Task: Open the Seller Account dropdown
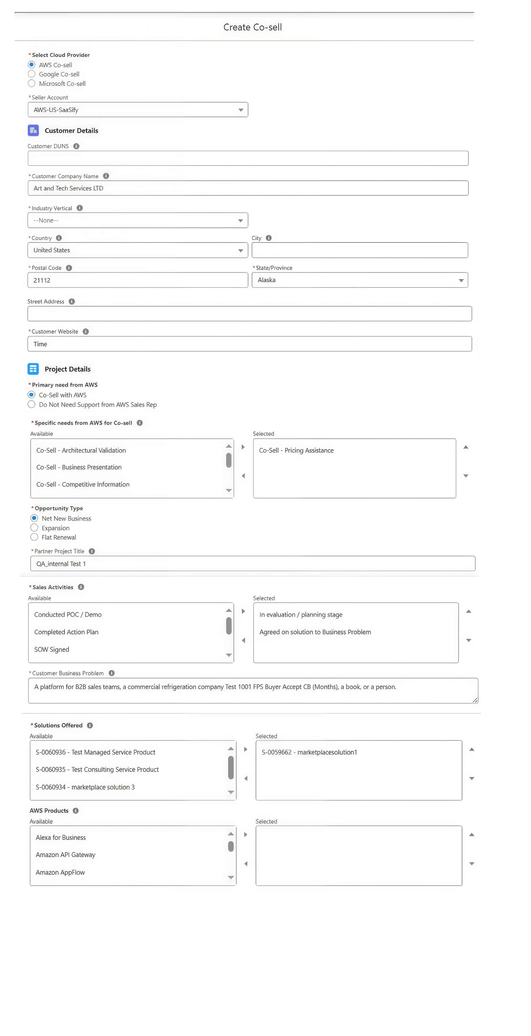click(138, 110)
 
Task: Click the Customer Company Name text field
click(248, 188)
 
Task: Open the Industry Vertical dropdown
click(138, 220)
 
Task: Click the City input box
click(360, 250)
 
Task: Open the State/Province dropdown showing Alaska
click(360, 280)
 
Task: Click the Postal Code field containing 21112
click(138, 280)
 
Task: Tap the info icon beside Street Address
click(72, 302)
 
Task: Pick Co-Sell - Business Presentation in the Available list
click(79, 467)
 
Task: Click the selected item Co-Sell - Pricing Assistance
click(296, 451)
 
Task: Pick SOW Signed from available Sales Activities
click(52, 649)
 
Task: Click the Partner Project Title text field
click(253, 564)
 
